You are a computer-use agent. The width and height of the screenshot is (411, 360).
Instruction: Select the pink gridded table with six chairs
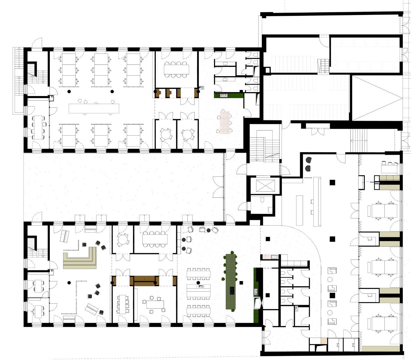(x=225, y=122)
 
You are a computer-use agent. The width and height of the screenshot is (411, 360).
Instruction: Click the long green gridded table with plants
(x=231, y=281)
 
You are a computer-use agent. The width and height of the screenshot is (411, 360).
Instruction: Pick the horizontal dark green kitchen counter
(x=228, y=95)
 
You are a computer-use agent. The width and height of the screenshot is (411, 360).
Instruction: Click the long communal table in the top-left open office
(x=94, y=108)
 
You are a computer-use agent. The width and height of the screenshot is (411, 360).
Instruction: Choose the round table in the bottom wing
(x=122, y=239)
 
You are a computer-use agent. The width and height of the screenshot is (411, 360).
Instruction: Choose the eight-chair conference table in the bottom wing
(x=155, y=239)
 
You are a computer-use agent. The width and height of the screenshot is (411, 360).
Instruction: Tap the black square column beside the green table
(x=241, y=283)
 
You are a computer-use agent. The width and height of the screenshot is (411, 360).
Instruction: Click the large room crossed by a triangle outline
(x=377, y=98)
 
